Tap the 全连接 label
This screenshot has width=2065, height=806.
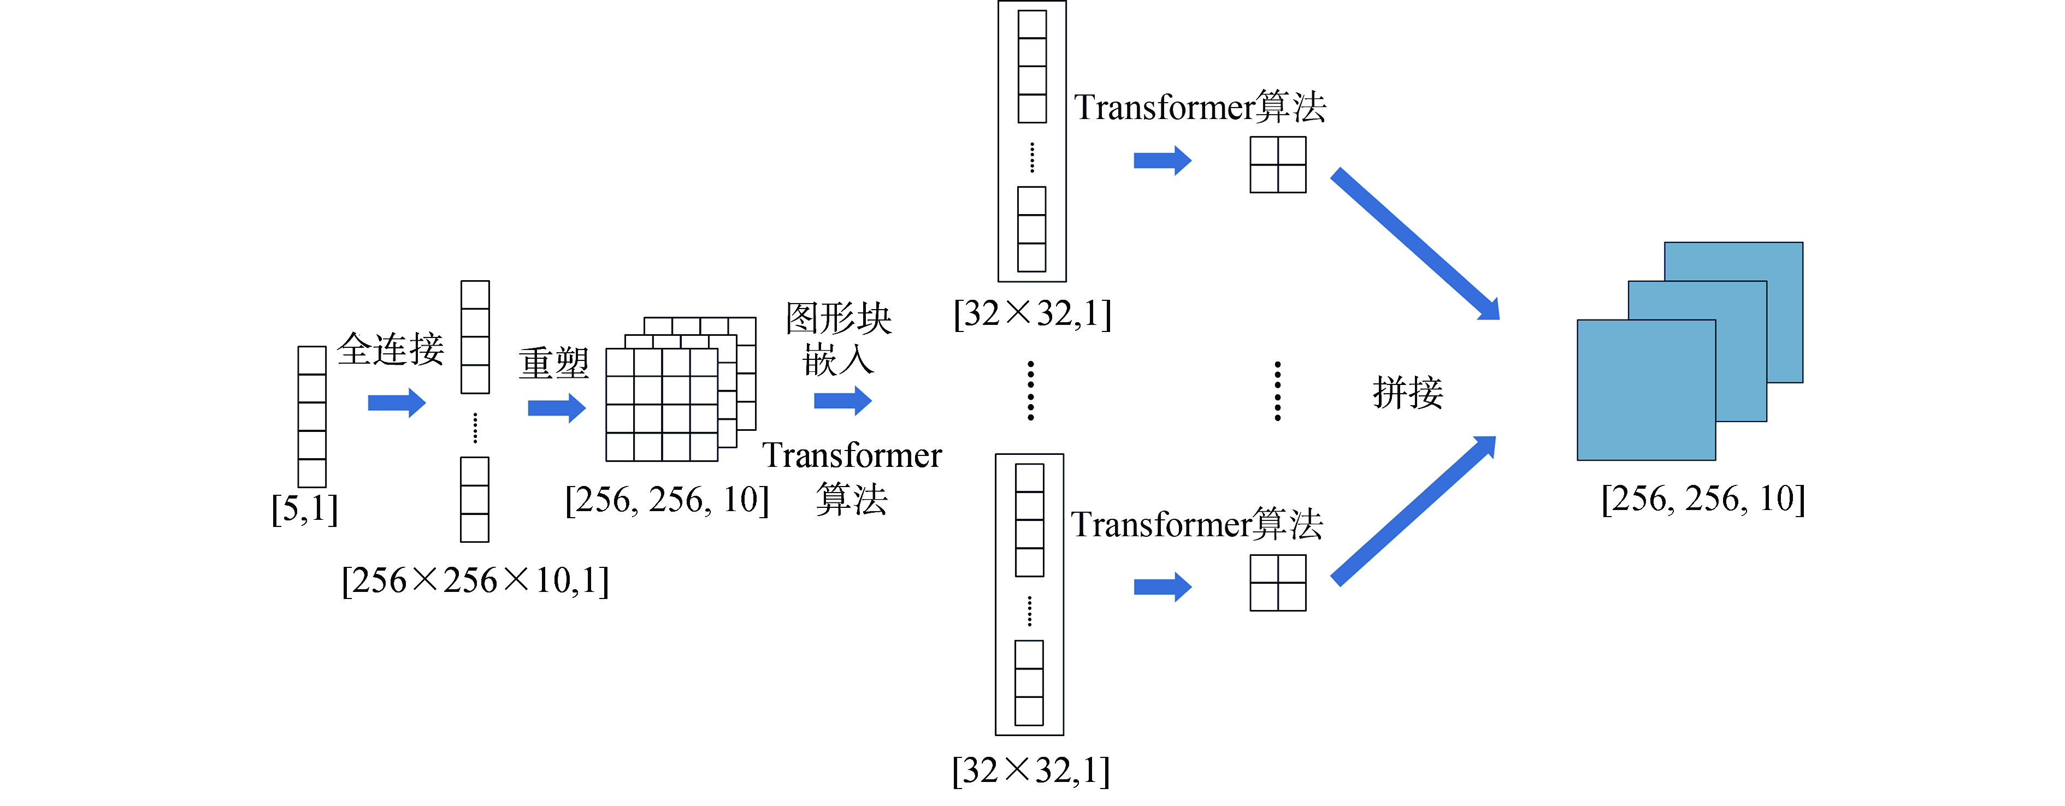[x=391, y=349]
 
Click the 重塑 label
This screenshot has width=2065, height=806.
[x=553, y=364]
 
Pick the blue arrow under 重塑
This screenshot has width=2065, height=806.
[x=556, y=408]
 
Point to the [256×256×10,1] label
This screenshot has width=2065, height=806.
[x=475, y=580]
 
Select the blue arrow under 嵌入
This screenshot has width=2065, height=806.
[x=842, y=401]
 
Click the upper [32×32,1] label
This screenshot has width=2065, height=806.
[x=1032, y=313]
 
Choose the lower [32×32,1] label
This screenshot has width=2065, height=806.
[x=1031, y=771]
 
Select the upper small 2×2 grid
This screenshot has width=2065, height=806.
[x=1278, y=165]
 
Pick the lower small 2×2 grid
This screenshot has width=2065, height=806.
[x=1278, y=583]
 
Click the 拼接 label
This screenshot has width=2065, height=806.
[x=1408, y=393]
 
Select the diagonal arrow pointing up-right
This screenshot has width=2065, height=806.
[x=1413, y=511]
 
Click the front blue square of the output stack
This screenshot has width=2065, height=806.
[x=1646, y=390]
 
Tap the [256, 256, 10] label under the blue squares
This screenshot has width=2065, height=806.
[x=1703, y=499]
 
